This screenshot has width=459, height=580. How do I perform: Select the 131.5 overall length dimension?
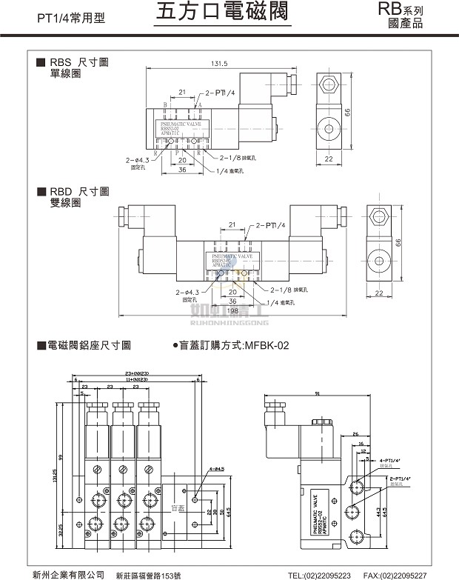pyautogui.click(x=220, y=64)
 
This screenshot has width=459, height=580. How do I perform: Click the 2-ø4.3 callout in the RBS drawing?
pyautogui.click(x=138, y=159)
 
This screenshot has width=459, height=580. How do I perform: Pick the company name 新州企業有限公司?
pyautogui.click(x=69, y=574)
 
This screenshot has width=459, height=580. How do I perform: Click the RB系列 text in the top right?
pyautogui.click(x=401, y=10)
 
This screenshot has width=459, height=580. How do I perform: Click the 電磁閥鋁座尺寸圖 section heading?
pyautogui.click(x=89, y=345)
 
